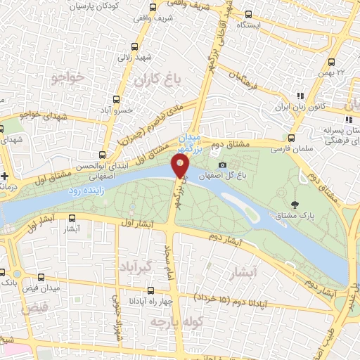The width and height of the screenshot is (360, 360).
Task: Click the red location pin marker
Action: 181,167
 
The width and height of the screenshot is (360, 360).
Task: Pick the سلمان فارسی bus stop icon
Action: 292,137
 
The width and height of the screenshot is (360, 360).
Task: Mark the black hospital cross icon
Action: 6,174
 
